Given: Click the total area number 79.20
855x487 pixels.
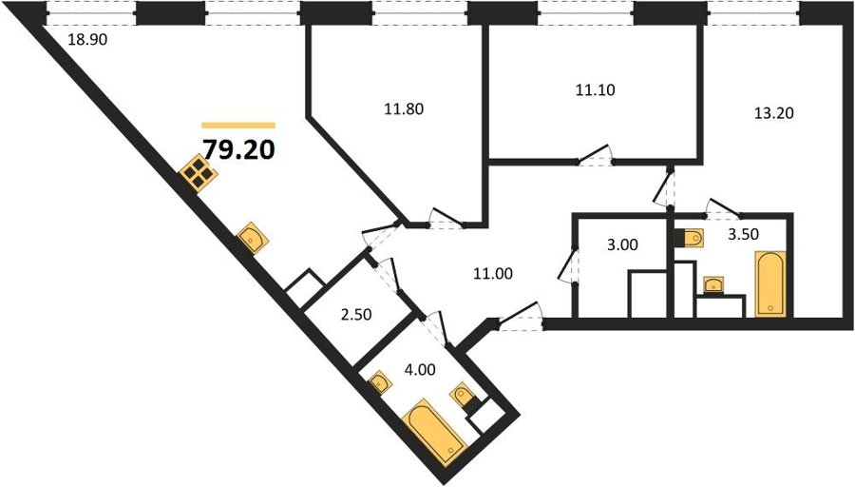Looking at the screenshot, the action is point(238,149).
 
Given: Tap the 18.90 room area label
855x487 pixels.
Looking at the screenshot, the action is point(87,39).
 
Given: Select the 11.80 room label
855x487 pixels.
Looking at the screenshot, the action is point(404,109).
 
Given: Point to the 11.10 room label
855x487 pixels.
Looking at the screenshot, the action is point(596,89).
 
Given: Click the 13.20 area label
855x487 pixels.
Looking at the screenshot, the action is point(773,113).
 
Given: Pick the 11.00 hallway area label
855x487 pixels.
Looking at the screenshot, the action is point(493,274).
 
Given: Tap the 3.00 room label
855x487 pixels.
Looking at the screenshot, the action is point(622,244).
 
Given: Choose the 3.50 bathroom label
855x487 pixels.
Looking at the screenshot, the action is point(744,234).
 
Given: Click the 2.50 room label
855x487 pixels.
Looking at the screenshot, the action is point(356,315).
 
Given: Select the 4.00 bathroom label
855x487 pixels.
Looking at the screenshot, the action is point(420,370).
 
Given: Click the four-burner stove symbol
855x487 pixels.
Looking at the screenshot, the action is point(199,173).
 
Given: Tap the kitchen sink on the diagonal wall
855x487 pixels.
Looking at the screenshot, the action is point(253,238).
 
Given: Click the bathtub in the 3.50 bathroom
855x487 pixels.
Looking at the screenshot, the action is point(769,283).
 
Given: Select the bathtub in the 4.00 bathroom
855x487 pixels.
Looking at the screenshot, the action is point(434,432).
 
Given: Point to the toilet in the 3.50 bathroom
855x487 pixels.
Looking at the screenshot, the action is point(689,238).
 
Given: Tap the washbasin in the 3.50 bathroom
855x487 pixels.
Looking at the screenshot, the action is point(713,285).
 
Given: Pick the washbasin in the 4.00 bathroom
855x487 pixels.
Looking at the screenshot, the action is point(379,382).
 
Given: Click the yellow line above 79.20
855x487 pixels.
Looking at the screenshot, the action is point(238,126).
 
